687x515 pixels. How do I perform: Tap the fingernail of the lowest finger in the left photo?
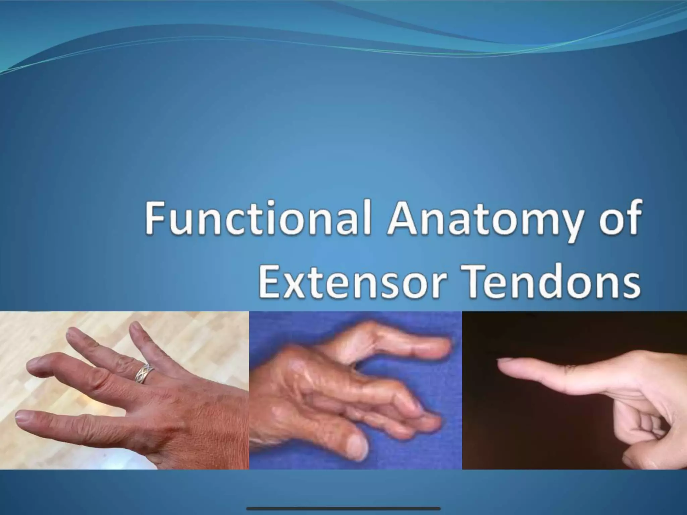(x=23, y=417)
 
